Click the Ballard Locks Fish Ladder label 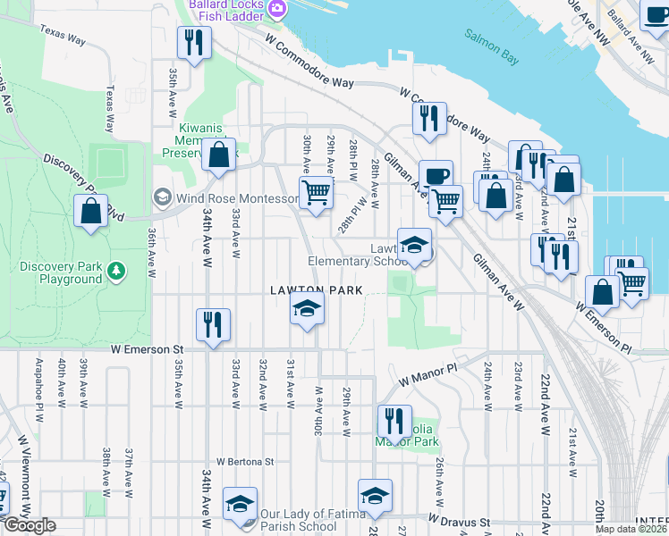[x=228, y=10]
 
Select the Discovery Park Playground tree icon [x=114, y=269]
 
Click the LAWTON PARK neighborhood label [x=318, y=290]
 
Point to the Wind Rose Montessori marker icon [x=162, y=197]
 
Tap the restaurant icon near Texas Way [x=192, y=41]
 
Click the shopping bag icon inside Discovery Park [x=90, y=212]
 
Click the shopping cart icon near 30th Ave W [x=316, y=192]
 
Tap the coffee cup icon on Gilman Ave [x=436, y=175]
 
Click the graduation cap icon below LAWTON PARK [x=306, y=310]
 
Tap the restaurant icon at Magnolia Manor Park [x=393, y=420]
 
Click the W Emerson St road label [x=147, y=350]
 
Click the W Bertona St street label [x=244, y=462]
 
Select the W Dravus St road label [x=460, y=521]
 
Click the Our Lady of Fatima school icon [x=240, y=506]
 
